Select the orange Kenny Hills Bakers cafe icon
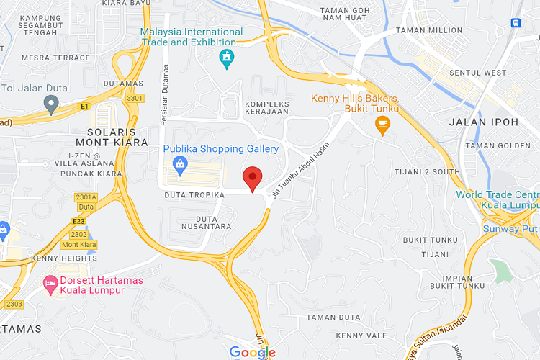coord(382,127)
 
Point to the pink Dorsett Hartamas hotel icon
coord(50,284)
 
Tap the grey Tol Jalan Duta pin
coord(50,105)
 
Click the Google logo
coord(252,352)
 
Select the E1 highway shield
coord(86,106)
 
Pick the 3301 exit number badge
coord(134,98)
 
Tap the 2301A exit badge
coord(86,197)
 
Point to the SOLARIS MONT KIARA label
coord(111,138)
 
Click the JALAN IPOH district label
coord(483,122)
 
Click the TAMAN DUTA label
coord(333,317)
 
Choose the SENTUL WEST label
coord(477,73)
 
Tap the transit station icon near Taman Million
coord(516,22)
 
